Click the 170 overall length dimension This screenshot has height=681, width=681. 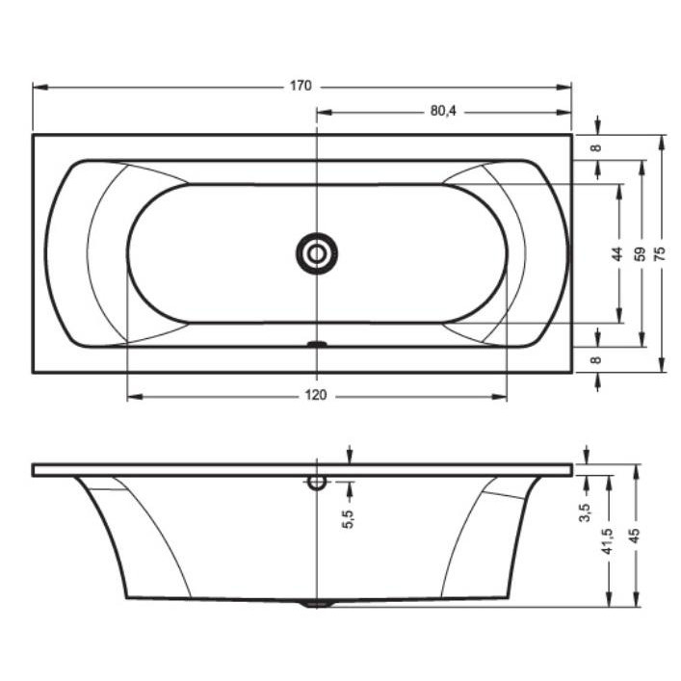pyautogui.click(x=301, y=86)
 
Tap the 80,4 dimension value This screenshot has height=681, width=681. pyautogui.click(x=443, y=111)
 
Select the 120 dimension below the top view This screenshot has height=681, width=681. pyautogui.click(x=315, y=395)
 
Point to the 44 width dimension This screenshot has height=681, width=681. pyautogui.click(x=617, y=253)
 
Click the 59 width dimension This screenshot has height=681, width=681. pyautogui.click(x=641, y=253)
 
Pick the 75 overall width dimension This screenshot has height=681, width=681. pyautogui.click(x=660, y=253)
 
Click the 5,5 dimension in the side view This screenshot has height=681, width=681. pyautogui.click(x=349, y=519)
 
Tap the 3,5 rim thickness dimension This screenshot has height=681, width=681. pyautogui.click(x=586, y=512)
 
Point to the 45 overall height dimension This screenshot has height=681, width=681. pyautogui.click(x=635, y=536)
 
